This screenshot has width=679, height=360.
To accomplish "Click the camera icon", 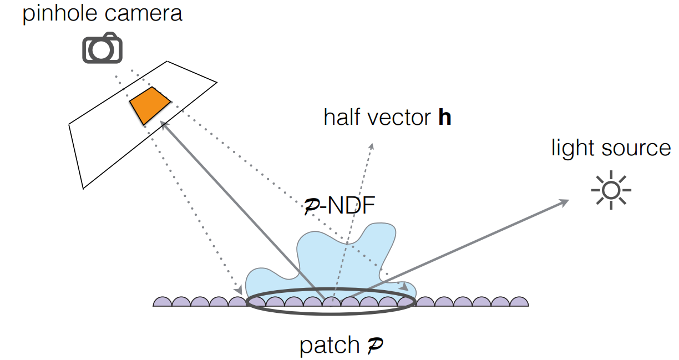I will pyautogui.click(x=102, y=48).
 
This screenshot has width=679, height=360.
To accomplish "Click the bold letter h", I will pyautogui.click(x=444, y=118).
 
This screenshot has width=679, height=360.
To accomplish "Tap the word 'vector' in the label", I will pyautogui.click(x=399, y=118).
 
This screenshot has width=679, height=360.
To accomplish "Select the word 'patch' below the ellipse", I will pyautogui.click(x=329, y=346).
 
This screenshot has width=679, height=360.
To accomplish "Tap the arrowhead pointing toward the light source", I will pyautogui.click(x=565, y=202).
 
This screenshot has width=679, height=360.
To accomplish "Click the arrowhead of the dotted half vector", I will pyautogui.click(x=371, y=145).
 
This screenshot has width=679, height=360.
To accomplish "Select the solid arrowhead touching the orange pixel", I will pyautogui.click(x=164, y=125).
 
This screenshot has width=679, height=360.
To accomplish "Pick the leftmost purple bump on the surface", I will pyautogui.click(x=161, y=301).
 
